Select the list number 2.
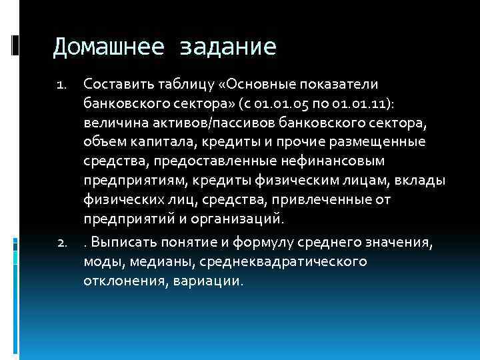pos(60,244)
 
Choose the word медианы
pos(159,262)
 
